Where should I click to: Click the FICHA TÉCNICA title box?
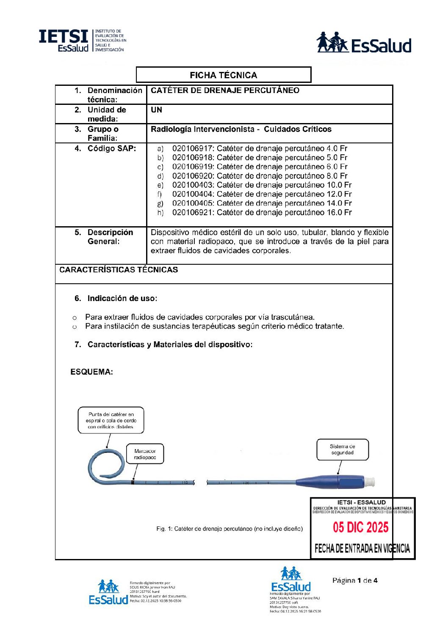223,75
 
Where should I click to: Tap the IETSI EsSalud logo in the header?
82,41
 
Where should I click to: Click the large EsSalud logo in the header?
364,43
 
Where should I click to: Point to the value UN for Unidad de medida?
156,110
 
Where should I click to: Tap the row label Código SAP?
111,148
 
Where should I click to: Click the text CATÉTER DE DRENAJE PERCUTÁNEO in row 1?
225,90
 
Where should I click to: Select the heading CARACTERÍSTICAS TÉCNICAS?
119,270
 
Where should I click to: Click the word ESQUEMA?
91,372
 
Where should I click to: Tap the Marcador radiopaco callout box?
145,454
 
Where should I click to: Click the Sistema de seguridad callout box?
342,449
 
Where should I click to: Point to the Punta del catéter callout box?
111,420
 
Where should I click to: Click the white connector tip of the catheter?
369,481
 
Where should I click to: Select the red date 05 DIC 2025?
360,527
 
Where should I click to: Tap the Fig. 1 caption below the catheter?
229,529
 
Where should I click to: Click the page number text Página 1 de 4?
354,581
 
